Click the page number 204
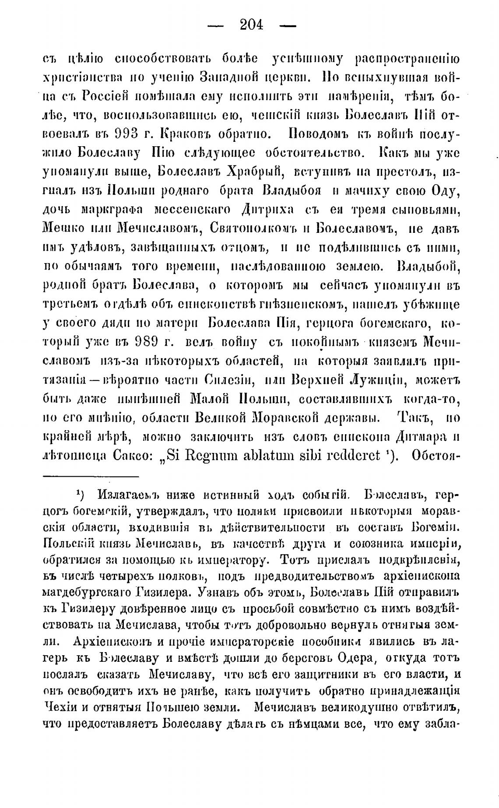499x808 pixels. point(252,25)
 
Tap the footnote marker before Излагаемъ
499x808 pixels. point(80,495)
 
